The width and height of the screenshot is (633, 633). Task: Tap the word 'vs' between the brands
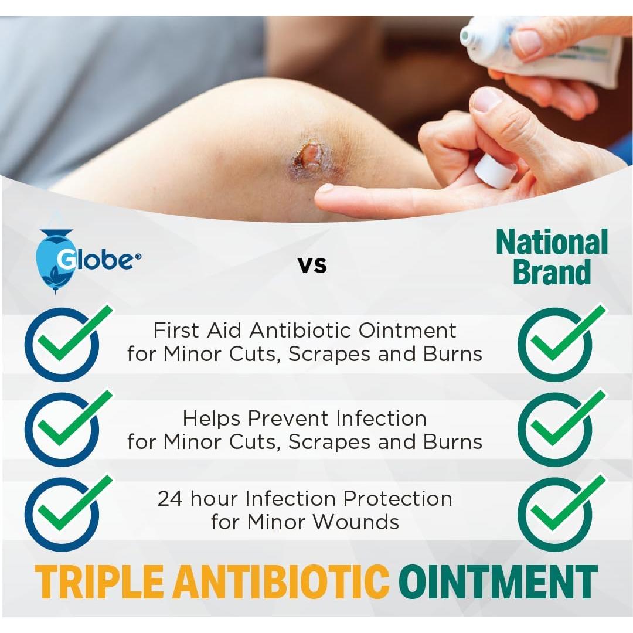pyautogui.click(x=312, y=264)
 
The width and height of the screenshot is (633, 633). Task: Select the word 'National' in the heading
pyautogui.click(x=552, y=243)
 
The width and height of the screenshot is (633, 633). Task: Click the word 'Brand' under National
pyautogui.click(x=552, y=273)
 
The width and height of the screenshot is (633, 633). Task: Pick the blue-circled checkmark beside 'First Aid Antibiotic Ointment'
pyautogui.click(x=64, y=342)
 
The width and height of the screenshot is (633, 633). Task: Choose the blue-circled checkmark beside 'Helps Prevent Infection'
pyautogui.click(x=64, y=428)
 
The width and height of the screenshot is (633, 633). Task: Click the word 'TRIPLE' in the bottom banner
pyautogui.click(x=100, y=582)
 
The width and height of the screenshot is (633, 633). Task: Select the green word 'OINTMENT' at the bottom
pyautogui.click(x=498, y=582)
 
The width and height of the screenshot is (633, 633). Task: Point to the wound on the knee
pyautogui.click(x=309, y=155)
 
